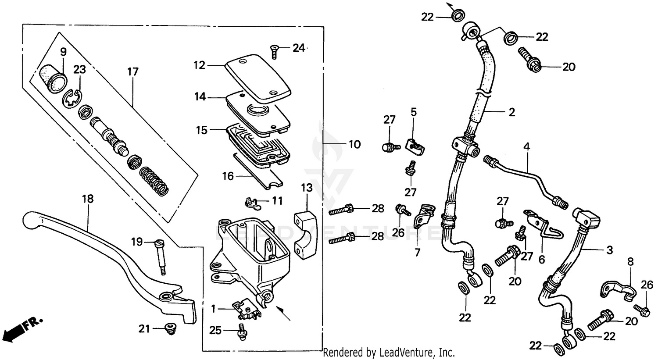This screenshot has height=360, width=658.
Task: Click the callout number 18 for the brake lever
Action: pyautogui.click(x=88, y=199)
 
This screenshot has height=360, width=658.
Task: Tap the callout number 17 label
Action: pyautogui.click(x=132, y=71)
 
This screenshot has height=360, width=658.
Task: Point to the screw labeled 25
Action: pyautogui.click(x=241, y=331)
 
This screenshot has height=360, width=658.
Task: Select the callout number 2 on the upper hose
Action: pyautogui.click(x=511, y=112)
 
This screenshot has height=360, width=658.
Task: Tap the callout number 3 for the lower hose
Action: pyautogui.click(x=609, y=250)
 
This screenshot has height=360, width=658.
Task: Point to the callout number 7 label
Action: pyautogui.click(x=417, y=252)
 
